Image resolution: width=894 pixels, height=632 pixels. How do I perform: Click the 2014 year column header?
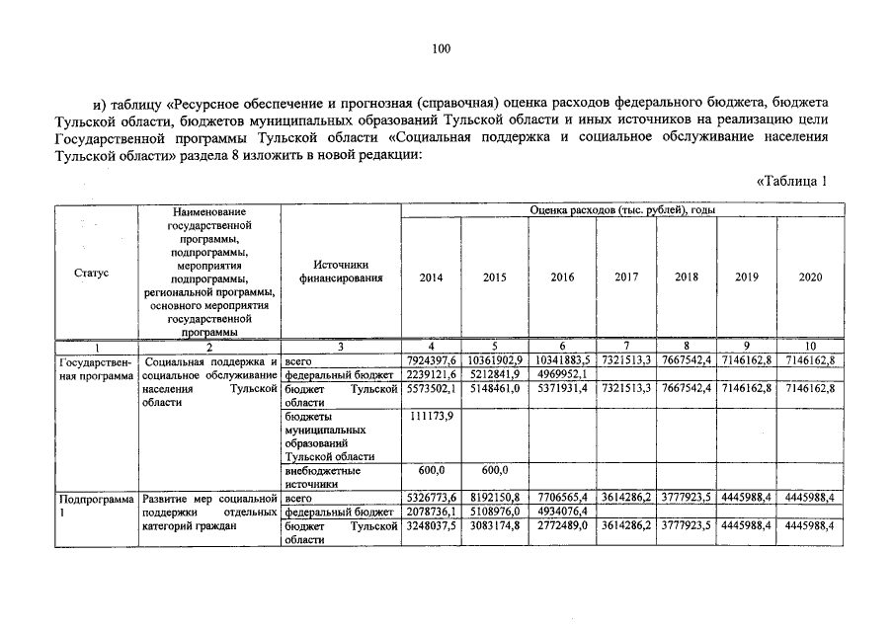pyautogui.click(x=431, y=277)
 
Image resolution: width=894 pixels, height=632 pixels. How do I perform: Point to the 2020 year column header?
pyautogui.click(x=810, y=277)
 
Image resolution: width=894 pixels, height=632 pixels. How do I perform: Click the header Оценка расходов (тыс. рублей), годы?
pyautogui.click(x=622, y=210)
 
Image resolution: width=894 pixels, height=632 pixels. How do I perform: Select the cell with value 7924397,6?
pyautogui.click(x=431, y=360)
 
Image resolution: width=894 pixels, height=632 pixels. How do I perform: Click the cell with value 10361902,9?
pyautogui.click(x=495, y=360)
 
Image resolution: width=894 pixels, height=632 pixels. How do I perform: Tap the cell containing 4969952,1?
pyautogui.click(x=561, y=374)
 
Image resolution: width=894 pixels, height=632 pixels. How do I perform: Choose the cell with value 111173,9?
pyautogui.click(x=431, y=418)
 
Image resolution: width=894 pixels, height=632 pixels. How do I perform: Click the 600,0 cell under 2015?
pyautogui.click(x=495, y=470)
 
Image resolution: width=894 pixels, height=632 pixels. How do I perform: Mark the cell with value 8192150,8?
pyautogui.click(x=495, y=498)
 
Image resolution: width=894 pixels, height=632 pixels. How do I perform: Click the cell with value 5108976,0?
pyautogui.click(x=495, y=513)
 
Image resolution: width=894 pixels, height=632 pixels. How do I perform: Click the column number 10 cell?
pyautogui.click(x=810, y=346)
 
